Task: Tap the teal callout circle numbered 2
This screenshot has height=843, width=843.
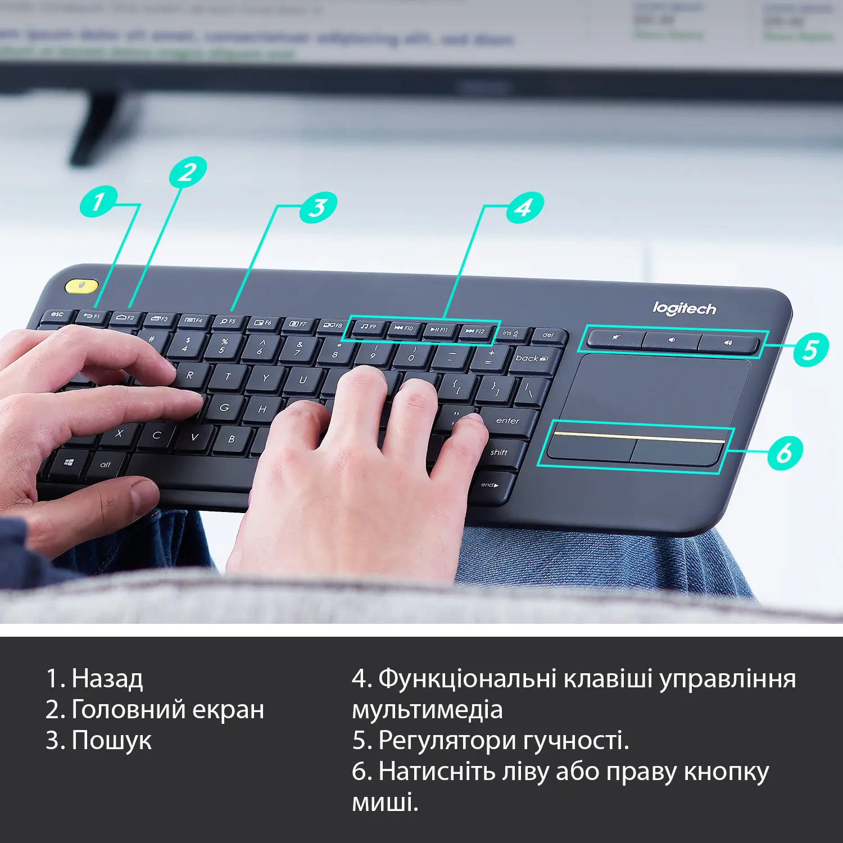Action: [x=188, y=172]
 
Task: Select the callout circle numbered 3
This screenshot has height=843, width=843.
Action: [x=318, y=207]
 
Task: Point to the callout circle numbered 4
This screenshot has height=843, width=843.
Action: [x=524, y=207]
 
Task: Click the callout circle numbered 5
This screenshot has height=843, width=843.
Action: [x=810, y=349]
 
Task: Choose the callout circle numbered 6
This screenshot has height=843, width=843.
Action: [x=785, y=452]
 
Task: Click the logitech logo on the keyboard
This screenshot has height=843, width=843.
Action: [x=684, y=308]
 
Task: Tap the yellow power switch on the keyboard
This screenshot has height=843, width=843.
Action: [x=81, y=286]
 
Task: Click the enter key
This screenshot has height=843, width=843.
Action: [x=507, y=421]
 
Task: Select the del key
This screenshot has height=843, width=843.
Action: [x=548, y=336]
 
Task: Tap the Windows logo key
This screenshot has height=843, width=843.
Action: [x=69, y=463]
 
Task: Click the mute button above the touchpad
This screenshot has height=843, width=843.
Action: [x=616, y=339]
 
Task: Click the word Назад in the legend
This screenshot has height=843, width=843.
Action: [x=107, y=679]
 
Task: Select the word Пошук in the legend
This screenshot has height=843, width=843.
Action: [x=111, y=741]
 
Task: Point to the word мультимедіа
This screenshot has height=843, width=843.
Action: [x=427, y=710]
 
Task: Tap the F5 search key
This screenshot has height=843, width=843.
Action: [x=228, y=321]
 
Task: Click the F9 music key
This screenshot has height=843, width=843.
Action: [x=369, y=327]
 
